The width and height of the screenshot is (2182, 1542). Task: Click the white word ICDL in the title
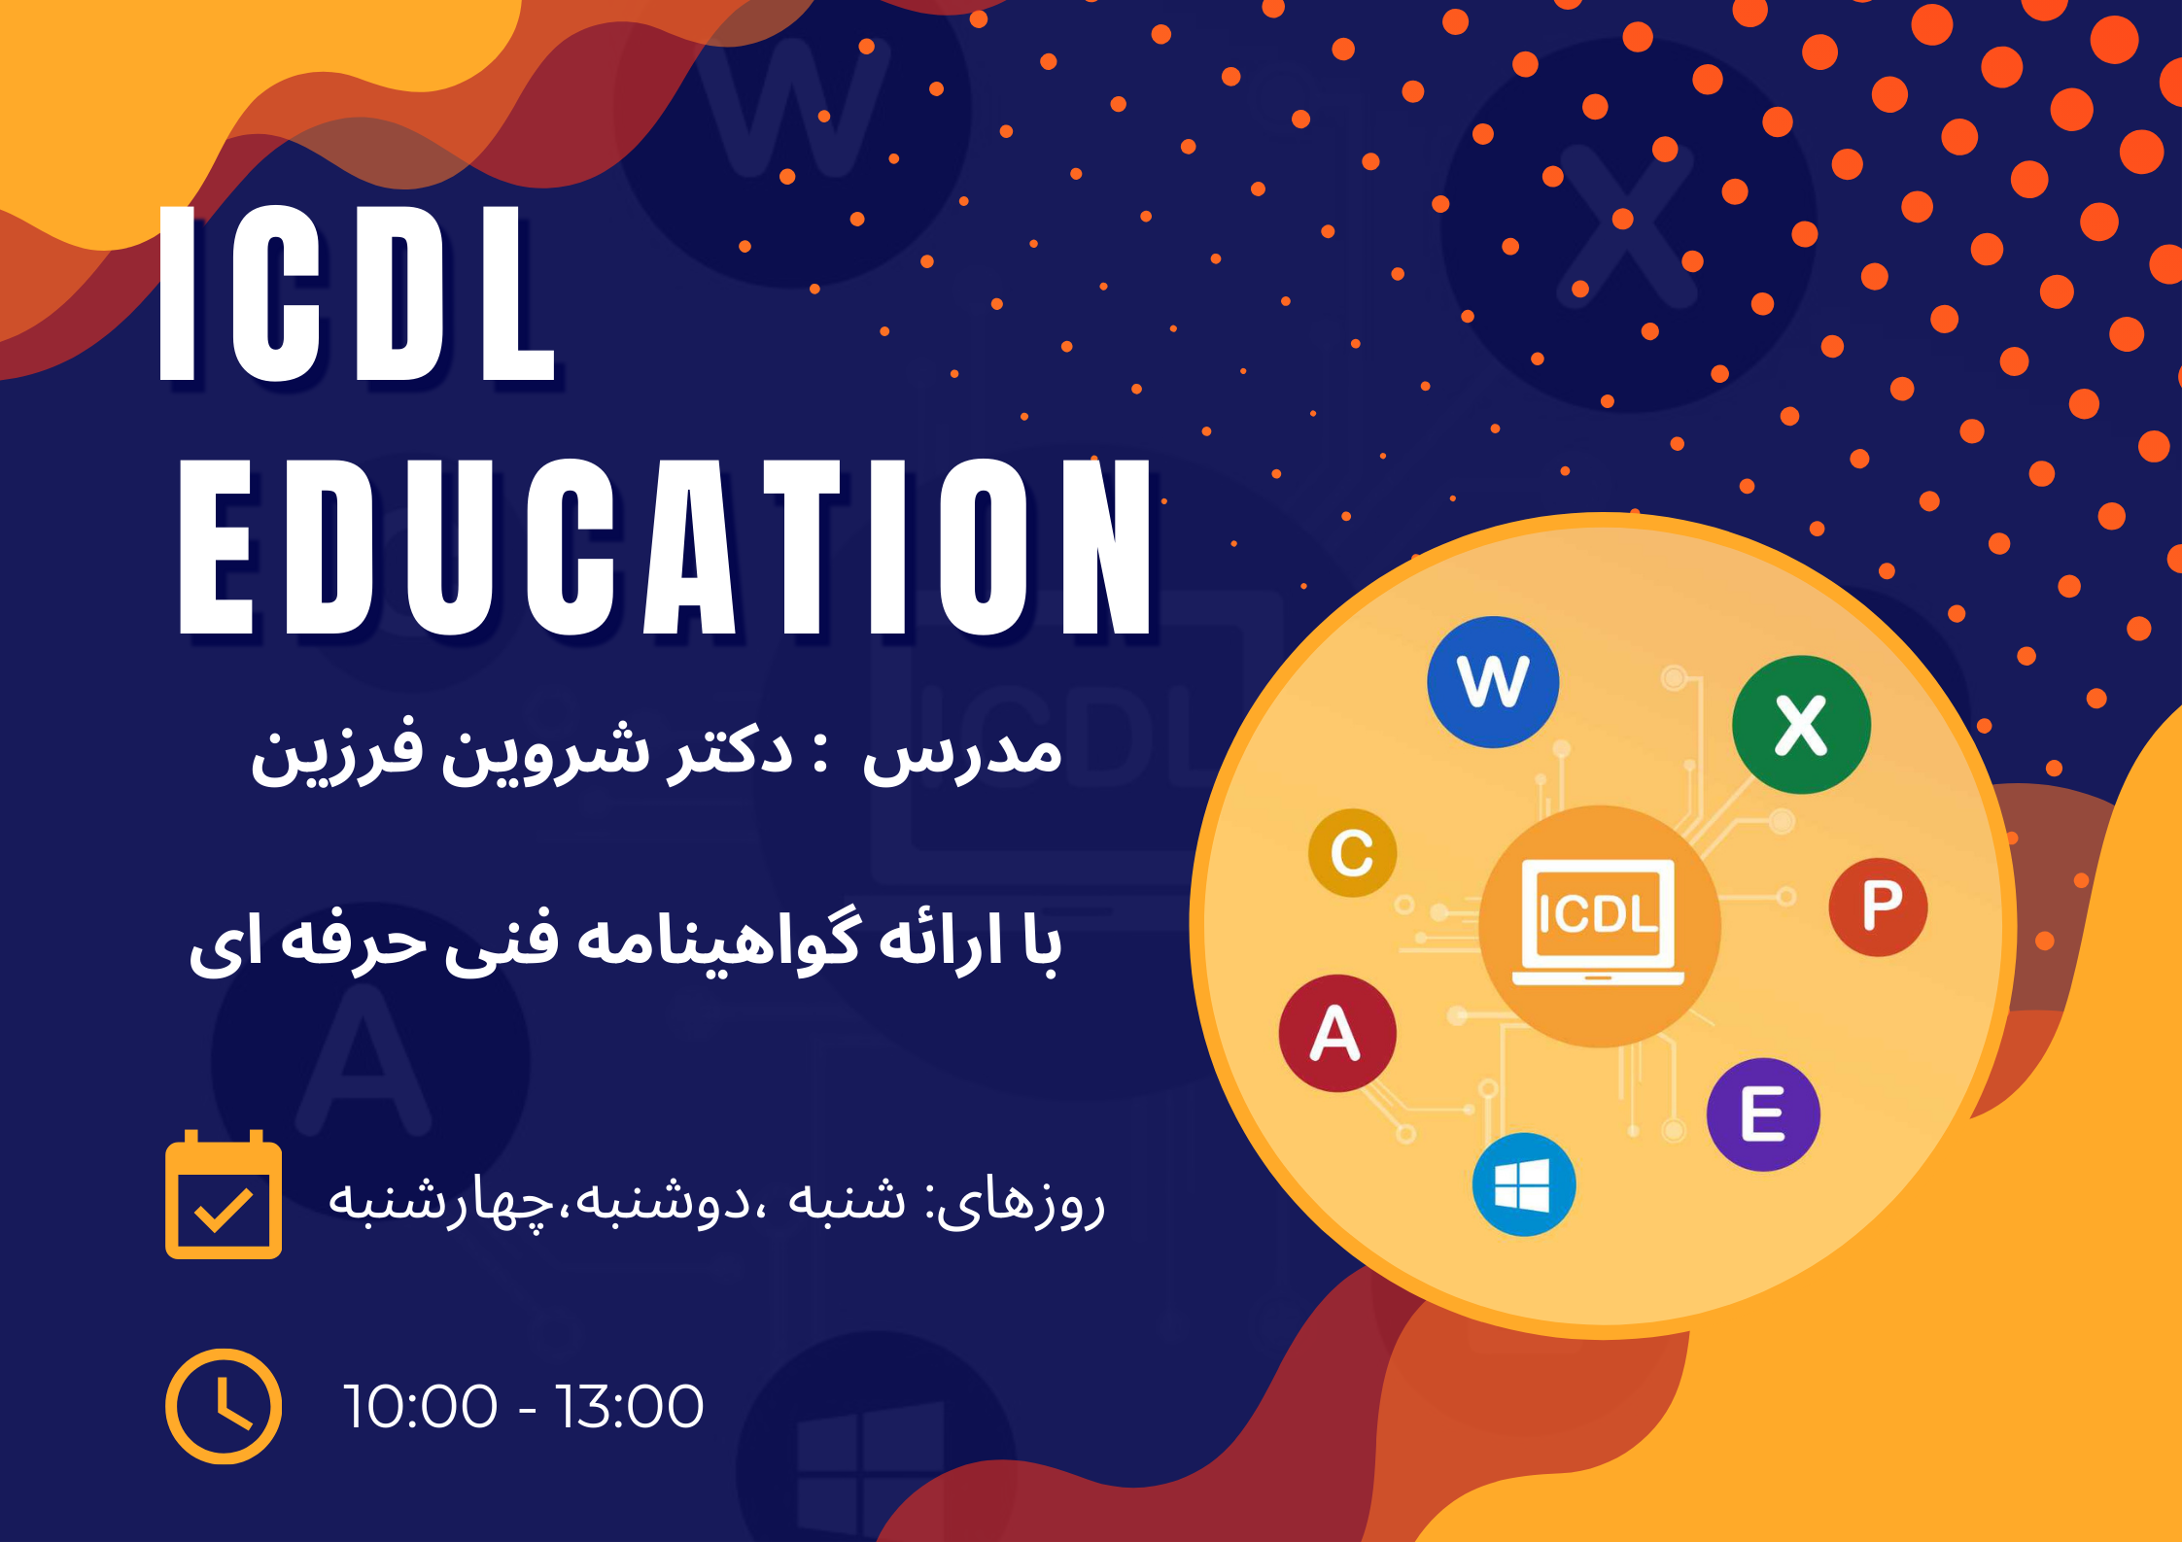tap(357, 293)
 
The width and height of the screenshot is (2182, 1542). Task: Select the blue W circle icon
tap(1493, 682)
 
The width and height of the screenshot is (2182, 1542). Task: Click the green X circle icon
tap(1801, 725)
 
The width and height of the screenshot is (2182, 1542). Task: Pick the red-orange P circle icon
tap(1878, 907)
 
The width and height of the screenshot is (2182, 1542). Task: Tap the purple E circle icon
tap(1763, 1114)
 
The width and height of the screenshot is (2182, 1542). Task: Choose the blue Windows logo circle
tap(1523, 1184)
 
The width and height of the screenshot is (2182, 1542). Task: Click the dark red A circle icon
tap(1337, 1033)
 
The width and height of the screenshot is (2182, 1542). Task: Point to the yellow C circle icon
tap(1352, 852)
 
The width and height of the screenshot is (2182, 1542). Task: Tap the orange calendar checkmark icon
tap(224, 1194)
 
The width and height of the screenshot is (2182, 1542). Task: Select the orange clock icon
tap(224, 1406)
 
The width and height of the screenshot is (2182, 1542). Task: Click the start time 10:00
tap(420, 1406)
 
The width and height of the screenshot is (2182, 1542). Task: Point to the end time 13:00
tap(629, 1406)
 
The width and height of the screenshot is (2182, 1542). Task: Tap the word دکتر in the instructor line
tap(730, 750)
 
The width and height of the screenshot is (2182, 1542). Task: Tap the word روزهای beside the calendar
tap(1021, 1203)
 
